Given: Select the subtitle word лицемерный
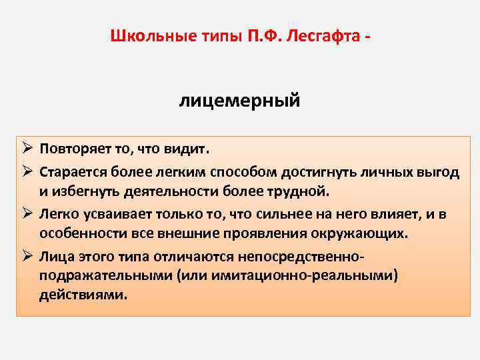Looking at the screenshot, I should pos(239,101).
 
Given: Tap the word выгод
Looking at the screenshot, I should pos(439,173).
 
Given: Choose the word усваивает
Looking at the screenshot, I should pos(112,215).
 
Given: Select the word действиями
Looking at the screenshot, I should pos(82,296).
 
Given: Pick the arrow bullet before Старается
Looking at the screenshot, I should pos(26,173).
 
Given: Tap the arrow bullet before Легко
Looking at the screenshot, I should pos(26,215).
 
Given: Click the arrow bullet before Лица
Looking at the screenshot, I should pos(26,256).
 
